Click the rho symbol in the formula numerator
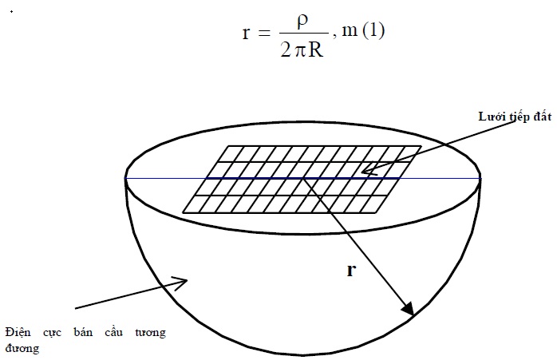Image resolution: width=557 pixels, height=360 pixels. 302,22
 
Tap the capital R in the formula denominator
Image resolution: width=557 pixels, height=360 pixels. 316,49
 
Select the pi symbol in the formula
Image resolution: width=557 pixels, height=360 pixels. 300,52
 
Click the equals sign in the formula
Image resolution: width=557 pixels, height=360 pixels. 264,33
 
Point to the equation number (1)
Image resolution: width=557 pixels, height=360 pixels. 373,31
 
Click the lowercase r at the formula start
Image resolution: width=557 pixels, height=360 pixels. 246,33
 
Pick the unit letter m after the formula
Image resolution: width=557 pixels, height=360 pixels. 350,32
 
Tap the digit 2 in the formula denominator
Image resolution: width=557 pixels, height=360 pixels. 286,49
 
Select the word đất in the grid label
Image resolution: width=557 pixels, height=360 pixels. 542,117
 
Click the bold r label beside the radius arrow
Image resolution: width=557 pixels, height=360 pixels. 351,271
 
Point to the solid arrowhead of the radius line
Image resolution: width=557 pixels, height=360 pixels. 409,309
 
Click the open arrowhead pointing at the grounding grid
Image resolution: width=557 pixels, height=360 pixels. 369,170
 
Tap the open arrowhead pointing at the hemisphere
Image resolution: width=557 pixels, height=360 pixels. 180,283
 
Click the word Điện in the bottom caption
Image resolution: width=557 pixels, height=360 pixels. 18,333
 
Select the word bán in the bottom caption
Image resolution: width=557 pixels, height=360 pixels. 83,332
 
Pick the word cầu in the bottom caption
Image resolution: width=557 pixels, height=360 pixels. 113,332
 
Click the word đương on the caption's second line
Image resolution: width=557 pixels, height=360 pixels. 22,348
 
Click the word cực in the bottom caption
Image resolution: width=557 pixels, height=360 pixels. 52,334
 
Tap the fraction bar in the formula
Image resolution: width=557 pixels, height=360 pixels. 304,33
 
